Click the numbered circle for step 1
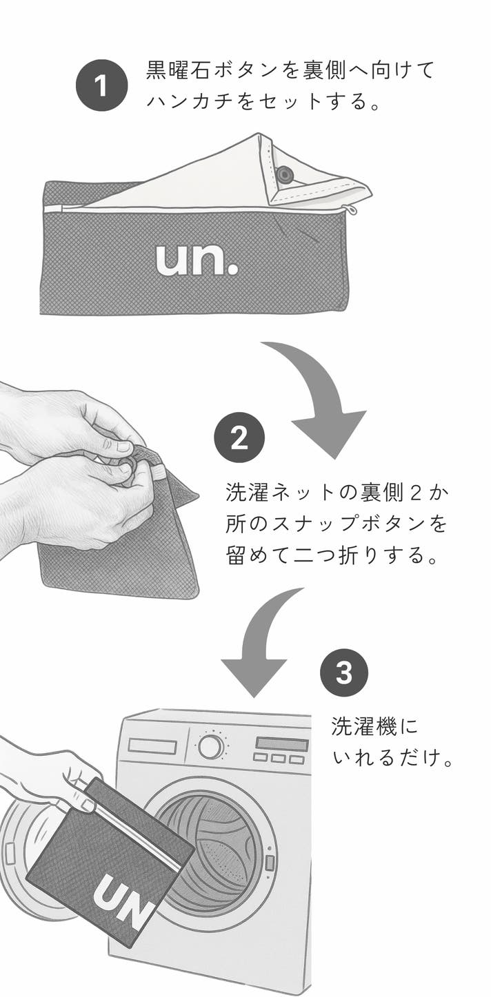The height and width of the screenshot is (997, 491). [102, 85]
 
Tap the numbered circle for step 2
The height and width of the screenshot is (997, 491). [239, 438]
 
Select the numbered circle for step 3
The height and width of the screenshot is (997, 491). [344, 672]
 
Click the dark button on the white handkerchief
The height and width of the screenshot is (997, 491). [283, 174]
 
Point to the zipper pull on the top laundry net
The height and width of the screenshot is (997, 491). [351, 209]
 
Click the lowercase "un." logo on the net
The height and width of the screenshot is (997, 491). [197, 259]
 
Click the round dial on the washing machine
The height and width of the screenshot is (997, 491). [211, 746]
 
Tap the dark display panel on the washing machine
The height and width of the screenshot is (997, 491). [282, 743]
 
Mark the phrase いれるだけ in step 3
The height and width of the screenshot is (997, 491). [387, 757]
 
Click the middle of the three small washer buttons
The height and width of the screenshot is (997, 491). [279, 757]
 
